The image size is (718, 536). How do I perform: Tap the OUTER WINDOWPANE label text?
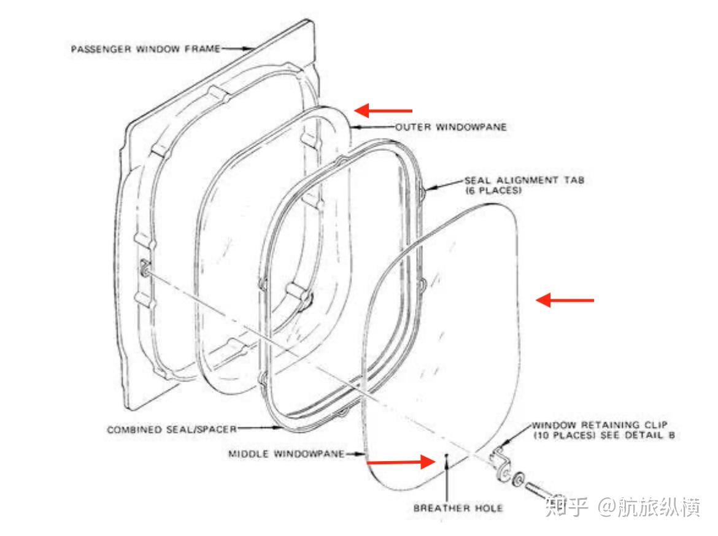pyautogui.click(x=450, y=128)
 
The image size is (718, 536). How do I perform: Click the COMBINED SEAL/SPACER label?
pyautogui.click(x=172, y=429)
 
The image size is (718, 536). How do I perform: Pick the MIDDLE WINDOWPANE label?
pyautogui.click(x=285, y=454)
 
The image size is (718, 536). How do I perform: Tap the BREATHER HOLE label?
pyautogui.click(x=458, y=508)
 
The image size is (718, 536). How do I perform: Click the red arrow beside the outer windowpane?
pyautogui.click(x=384, y=110)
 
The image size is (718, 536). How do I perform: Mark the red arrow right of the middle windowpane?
pyautogui.click(x=565, y=300)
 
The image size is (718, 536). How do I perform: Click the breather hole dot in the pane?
pyautogui.click(x=448, y=456)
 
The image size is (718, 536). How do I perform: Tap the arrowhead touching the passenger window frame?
pyautogui.click(x=250, y=47)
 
